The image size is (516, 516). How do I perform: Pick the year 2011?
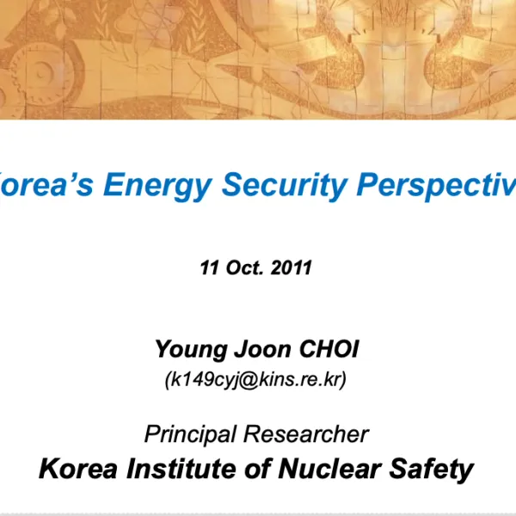tap(291, 267)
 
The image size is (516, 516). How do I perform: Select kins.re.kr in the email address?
tap(295, 378)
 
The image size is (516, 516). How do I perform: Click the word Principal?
tap(185, 433)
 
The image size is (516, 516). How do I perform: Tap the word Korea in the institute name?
tap(73, 470)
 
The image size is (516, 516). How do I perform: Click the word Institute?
tap(173, 470)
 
